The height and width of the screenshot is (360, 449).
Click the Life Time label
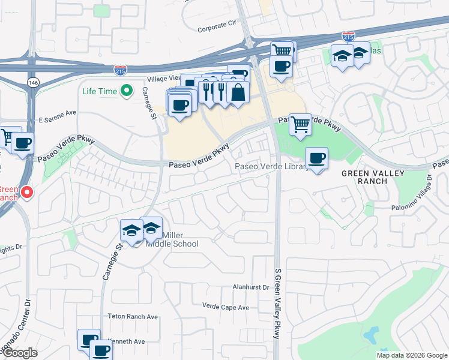(x=99, y=91)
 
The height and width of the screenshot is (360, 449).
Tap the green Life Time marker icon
(x=126, y=91)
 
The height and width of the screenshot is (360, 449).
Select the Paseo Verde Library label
(x=271, y=166)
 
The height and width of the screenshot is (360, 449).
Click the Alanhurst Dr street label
(x=251, y=287)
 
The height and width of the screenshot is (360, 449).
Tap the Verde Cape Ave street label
(x=225, y=307)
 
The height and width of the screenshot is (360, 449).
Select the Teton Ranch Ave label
(x=133, y=316)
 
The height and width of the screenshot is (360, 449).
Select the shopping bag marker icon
(x=238, y=92)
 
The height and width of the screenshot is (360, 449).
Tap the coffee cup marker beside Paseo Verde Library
(x=316, y=158)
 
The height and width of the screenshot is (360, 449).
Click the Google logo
(x=19, y=353)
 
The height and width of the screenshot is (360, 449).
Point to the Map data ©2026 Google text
(x=412, y=355)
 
